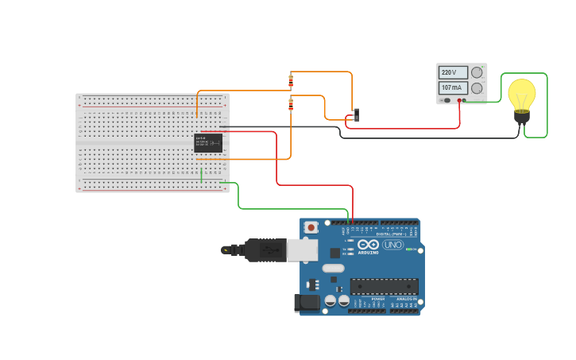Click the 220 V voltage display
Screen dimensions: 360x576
coord(453,72)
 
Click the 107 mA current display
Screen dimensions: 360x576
coord(453,87)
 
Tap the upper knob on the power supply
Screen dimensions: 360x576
coord(477,72)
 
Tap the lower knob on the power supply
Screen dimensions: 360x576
coord(477,88)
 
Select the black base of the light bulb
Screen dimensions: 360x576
coord(521,117)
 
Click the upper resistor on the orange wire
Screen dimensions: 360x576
coord(291,80)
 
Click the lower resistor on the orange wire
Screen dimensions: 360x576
coord(291,104)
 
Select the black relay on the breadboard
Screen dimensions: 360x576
coord(208,143)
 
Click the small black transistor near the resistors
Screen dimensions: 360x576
coord(356,114)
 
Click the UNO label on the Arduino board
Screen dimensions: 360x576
coord(392,245)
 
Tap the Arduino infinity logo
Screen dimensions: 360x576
coord(368,245)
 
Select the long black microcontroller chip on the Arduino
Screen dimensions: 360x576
coord(384,286)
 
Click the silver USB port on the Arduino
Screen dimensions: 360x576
coord(302,250)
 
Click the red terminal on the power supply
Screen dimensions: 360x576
coord(459,101)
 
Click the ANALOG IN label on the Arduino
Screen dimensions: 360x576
coord(405,299)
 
